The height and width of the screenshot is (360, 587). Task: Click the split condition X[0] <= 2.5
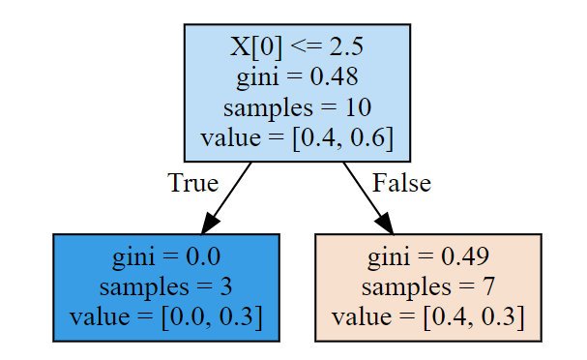297,47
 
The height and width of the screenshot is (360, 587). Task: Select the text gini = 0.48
297,77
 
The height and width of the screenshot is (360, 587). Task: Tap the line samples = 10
297,107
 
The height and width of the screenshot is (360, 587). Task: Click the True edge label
192,183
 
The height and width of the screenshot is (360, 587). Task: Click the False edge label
401,183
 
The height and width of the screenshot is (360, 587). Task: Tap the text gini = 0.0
166,257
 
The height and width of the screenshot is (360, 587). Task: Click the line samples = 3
166,287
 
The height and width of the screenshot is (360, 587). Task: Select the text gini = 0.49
428,257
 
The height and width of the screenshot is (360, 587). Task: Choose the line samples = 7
428,287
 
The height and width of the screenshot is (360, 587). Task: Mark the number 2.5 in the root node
346,47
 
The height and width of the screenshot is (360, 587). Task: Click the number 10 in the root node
358,107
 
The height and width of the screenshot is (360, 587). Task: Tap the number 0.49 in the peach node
465,257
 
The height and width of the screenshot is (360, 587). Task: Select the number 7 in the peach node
489,287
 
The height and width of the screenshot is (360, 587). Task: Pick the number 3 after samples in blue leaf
226,287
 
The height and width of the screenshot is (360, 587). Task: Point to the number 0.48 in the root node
334,77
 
